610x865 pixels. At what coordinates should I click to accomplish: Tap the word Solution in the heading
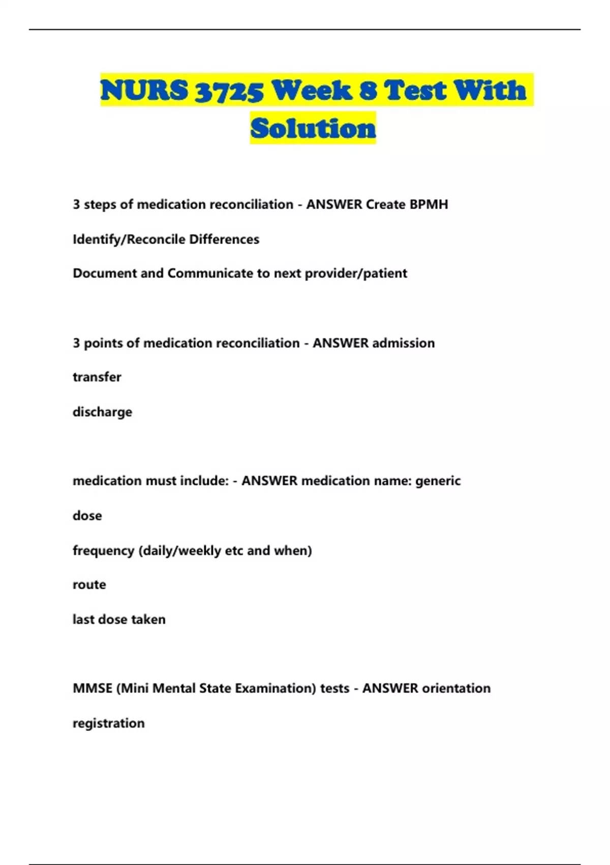point(313,128)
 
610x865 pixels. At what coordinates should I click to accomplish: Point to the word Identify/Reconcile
point(129,239)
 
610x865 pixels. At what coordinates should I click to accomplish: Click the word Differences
point(224,239)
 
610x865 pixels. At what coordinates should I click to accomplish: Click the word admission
point(404,343)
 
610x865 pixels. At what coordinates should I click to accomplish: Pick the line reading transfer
point(97,377)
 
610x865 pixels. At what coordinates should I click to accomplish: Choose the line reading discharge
point(102,412)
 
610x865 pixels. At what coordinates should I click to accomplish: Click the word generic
point(438,481)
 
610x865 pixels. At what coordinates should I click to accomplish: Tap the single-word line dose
point(87,515)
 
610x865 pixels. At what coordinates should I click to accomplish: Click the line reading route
point(89,585)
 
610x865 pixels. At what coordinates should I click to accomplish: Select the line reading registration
point(109,723)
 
